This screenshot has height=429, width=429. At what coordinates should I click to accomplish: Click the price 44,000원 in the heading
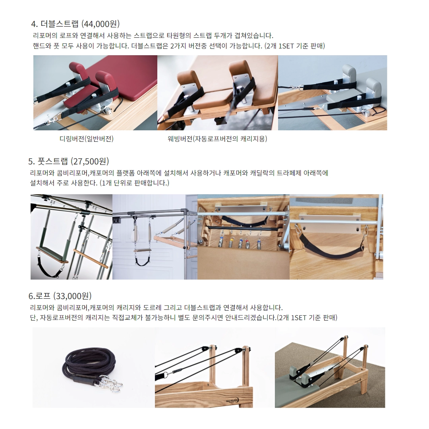point(100,24)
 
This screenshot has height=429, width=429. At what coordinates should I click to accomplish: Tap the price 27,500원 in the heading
point(89,161)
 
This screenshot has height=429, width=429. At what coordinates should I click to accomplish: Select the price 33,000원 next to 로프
point(72,296)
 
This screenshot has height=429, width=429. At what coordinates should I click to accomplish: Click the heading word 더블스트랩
point(59,24)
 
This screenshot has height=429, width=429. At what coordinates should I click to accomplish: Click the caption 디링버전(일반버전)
point(87,139)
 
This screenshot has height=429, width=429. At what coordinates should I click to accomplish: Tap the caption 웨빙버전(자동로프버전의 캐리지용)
point(217,139)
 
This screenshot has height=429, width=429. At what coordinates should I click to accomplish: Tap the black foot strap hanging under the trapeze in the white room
point(142,261)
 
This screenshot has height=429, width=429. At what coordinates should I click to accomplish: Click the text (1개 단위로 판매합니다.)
point(134,183)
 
